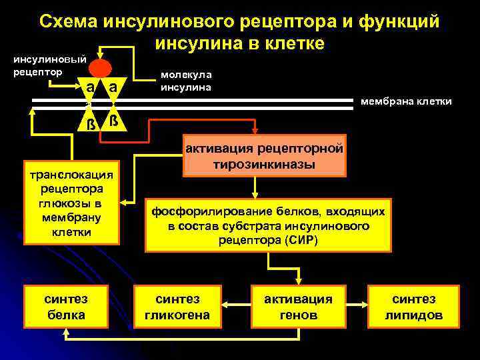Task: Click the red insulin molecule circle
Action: tap(101, 69)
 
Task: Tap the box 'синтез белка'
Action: tap(66, 307)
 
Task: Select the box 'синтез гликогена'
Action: tap(177, 307)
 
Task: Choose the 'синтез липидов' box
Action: tap(413, 307)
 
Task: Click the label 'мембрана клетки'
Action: tap(406, 102)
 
